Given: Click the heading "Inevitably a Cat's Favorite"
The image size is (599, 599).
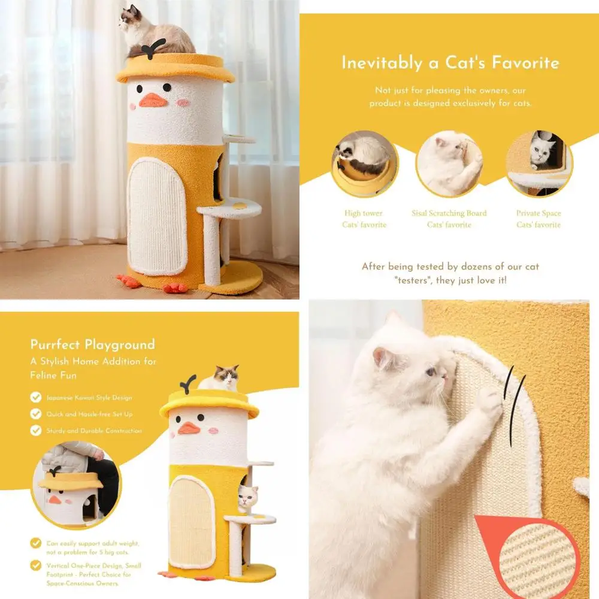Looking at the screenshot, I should coord(450,63).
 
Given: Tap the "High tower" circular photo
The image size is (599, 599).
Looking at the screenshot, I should coord(364,163).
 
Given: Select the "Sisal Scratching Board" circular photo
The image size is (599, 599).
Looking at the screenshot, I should coord(449,164).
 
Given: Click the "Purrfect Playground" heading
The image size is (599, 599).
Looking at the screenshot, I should coord(93,344).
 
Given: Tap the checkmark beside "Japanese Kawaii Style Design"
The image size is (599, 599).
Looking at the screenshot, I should coord(36,397).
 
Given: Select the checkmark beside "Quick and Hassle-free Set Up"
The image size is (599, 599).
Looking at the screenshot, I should coord(36,414).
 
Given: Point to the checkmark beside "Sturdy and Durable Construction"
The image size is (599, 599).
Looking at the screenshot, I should coord(36,431).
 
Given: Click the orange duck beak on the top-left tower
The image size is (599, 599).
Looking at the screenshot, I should coord(153,100).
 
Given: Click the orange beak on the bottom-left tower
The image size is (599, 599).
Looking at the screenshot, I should coord(188,428).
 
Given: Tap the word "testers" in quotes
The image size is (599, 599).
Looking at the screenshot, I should coord(419,280).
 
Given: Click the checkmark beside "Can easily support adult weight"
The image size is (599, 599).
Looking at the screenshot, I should coord(36,543).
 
